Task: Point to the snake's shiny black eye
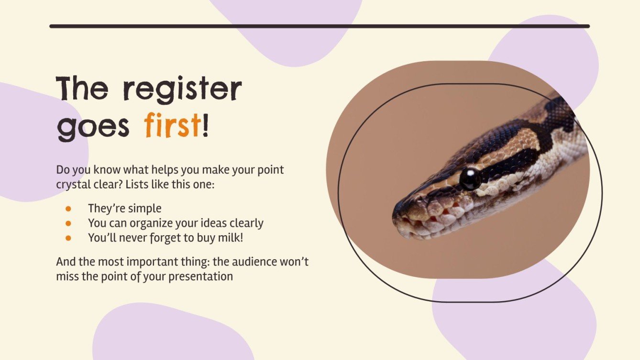(470, 178)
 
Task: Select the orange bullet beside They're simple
(68, 208)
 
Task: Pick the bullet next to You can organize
(68, 223)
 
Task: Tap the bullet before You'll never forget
(68, 237)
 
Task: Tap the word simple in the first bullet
(145, 208)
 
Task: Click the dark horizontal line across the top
(320, 26)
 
